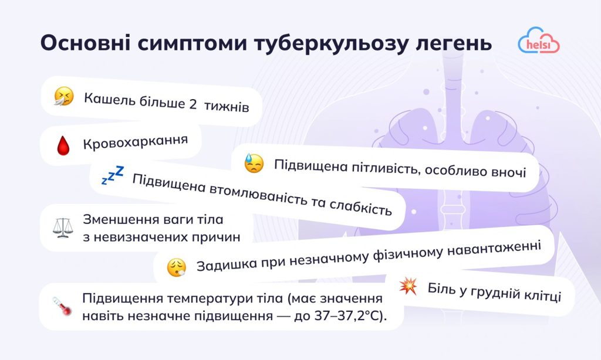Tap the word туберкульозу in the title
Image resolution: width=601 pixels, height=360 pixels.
[x=320, y=45]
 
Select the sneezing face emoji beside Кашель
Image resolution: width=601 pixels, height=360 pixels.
[x=64, y=96]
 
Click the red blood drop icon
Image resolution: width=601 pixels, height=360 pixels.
[x=63, y=145]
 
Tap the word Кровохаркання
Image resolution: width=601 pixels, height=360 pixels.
[x=135, y=142]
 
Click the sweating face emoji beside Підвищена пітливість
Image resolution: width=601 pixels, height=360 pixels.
[x=254, y=164]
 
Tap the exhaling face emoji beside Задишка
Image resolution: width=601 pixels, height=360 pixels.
[x=176, y=267]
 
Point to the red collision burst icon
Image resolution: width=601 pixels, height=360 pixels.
[x=407, y=286]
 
